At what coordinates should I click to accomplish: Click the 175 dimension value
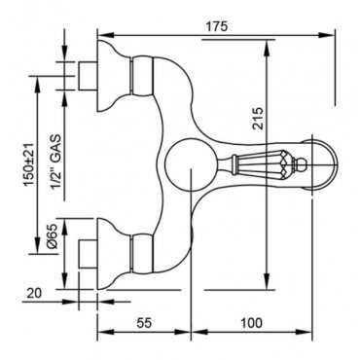pos(217,26)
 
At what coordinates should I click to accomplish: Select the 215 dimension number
pos(258,119)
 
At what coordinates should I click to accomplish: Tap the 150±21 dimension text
pos(29,164)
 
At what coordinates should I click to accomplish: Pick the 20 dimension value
pos(34,293)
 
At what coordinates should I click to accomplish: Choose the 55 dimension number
pos(144,323)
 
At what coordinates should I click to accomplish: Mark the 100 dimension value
pos(251,323)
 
